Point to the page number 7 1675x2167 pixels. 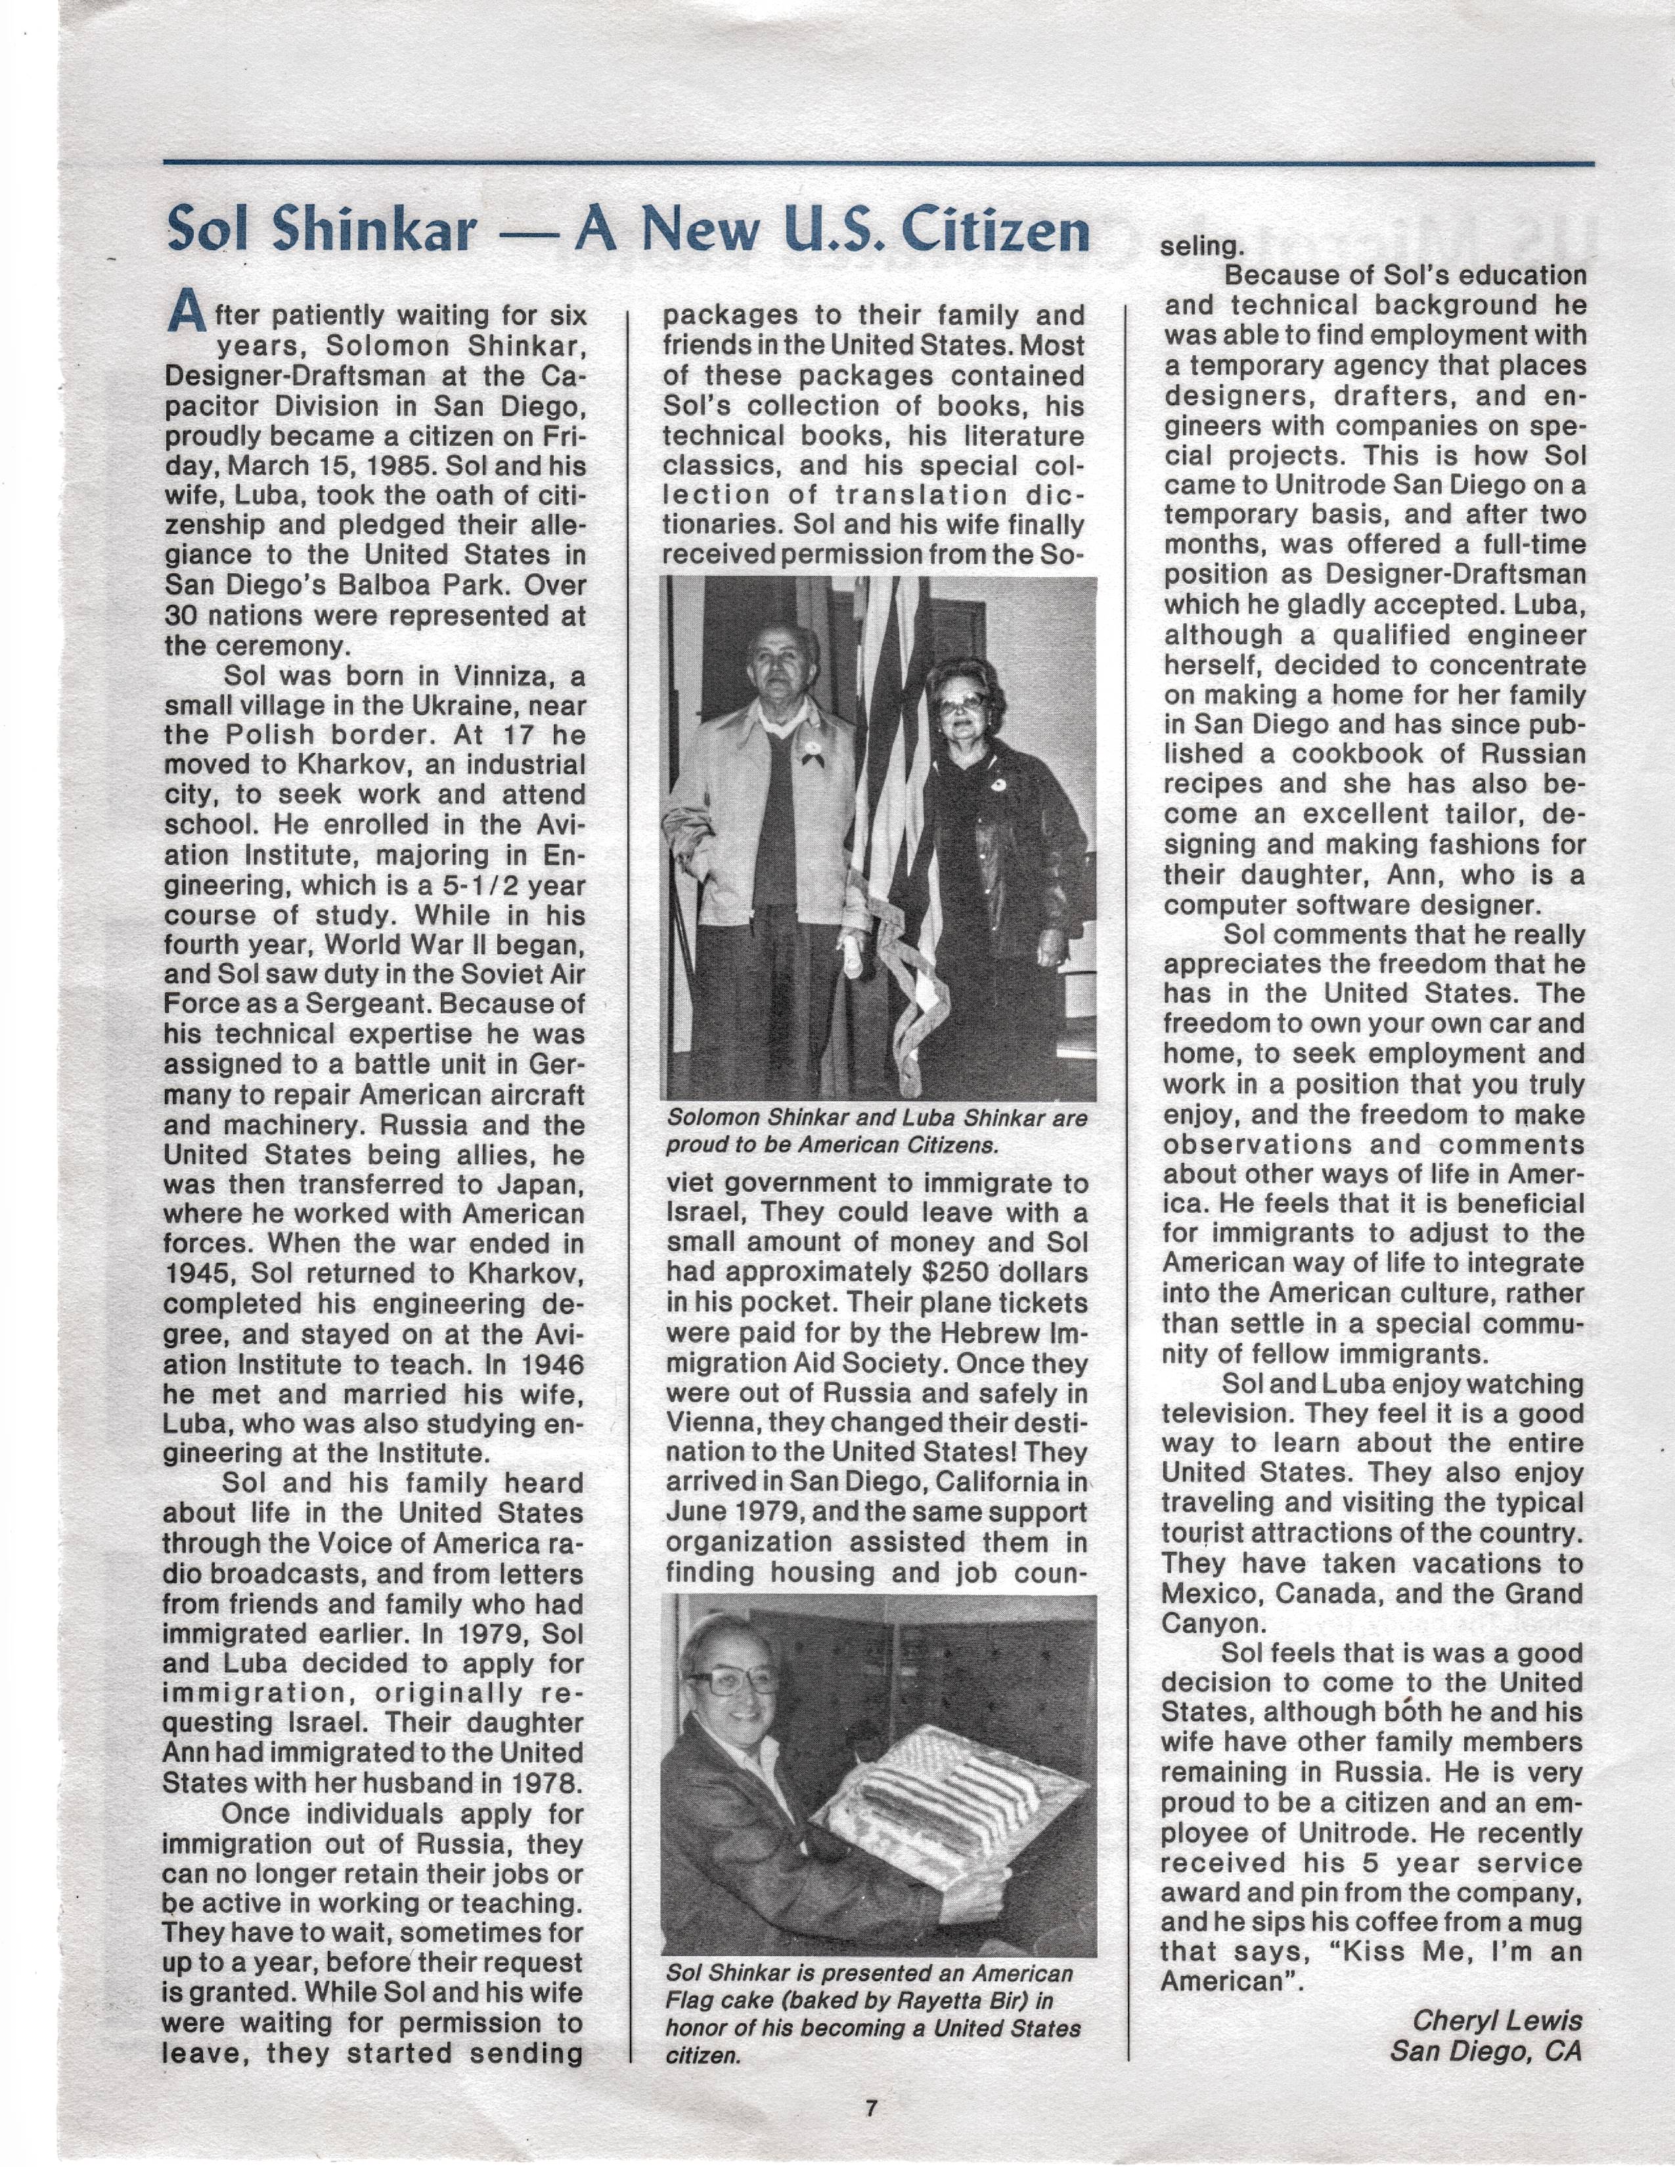point(871,2107)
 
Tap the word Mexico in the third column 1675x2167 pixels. point(1205,1594)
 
